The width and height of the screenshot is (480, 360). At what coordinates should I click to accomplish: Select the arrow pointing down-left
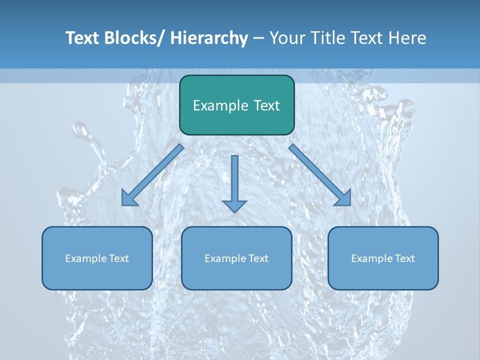point(152,175)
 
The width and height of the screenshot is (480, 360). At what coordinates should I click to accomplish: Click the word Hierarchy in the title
point(209,38)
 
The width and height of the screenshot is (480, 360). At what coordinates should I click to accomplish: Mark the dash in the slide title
point(258,38)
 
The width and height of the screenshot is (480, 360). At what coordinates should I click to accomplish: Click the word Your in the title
point(286,38)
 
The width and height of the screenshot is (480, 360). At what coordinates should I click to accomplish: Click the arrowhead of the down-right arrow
point(343,198)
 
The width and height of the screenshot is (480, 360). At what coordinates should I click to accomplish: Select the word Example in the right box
point(368,258)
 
